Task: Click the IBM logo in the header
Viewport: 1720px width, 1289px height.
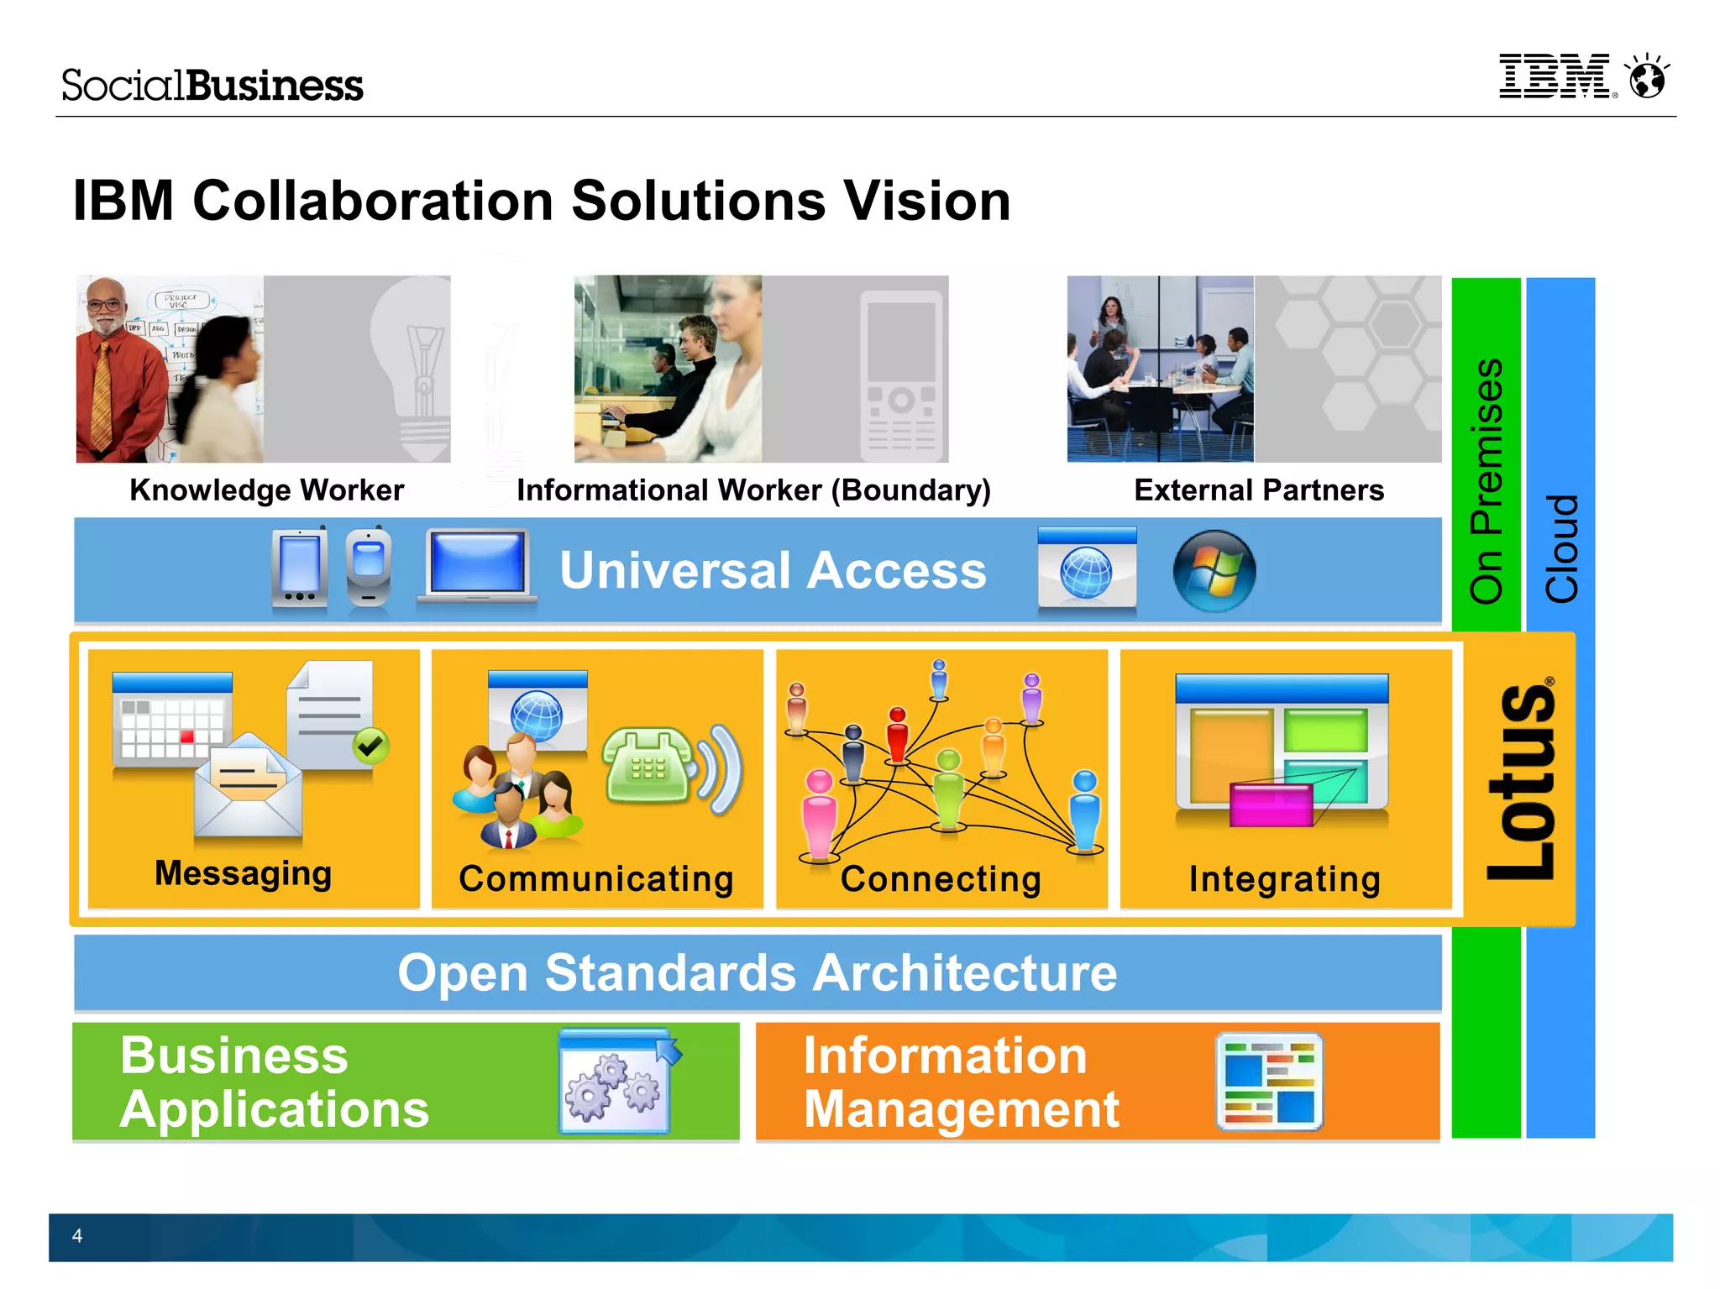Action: [1555, 76]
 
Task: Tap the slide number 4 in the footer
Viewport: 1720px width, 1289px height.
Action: [77, 1235]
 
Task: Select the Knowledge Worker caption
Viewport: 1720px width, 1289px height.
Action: [266, 490]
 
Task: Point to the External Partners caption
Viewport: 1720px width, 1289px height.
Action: [1258, 490]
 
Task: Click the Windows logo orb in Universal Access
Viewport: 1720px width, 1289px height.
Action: [1214, 571]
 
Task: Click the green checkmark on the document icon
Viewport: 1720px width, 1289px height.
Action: [370, 745]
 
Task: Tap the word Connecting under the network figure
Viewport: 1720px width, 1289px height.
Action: [941, 879]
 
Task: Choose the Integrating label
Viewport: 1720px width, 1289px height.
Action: [1284, 879]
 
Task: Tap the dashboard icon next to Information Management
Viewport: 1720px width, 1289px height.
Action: [1268, 1082]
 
